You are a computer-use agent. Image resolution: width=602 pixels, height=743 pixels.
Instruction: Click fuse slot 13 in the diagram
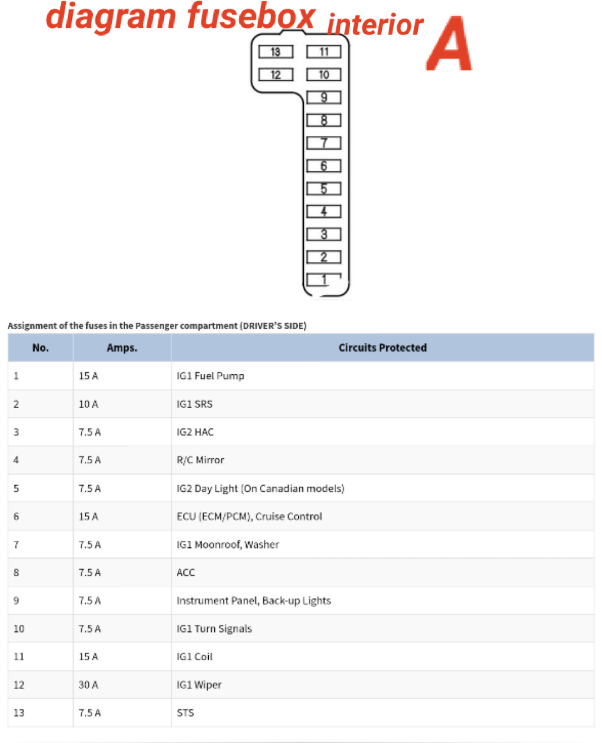[x=275, y=52]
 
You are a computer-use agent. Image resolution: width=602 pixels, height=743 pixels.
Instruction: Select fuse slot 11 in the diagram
[x=324, y=52]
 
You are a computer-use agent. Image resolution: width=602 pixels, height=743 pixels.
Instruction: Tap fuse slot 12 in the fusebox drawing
[x=275, y=74]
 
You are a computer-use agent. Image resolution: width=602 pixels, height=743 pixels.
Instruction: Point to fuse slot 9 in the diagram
[x=324, y=97]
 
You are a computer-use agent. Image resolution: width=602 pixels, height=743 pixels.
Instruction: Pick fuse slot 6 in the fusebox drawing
[x=324, y=165]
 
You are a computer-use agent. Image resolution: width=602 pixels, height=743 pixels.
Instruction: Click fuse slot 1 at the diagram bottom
[x=324, y=280]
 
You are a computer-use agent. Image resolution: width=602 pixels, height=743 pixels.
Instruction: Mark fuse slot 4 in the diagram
[x=324, y=211]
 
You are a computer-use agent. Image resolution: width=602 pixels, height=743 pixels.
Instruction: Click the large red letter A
[x=448, y=45]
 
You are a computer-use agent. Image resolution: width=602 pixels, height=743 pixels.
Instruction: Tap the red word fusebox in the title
[x=251, y=17]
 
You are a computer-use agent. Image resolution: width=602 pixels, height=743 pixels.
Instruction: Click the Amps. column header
[x=122, y=347]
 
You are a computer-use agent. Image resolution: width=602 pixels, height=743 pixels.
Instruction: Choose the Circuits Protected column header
[x=382, y=347]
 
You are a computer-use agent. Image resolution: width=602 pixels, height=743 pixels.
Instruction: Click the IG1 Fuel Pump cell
[x=210, y=376]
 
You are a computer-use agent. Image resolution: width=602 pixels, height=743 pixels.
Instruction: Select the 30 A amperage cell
[x=88, y=684]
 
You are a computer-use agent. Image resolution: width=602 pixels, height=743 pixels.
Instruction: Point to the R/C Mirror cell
[x=200, y=460]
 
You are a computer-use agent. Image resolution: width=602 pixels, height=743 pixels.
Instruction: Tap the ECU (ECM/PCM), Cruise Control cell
[x=249, y=516]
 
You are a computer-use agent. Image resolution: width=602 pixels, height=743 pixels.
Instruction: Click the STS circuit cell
[x=185, y=713]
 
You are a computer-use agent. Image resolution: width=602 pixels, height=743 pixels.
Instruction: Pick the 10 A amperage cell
[x=88, y=404]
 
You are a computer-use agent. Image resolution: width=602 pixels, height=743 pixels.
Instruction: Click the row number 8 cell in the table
[x=16, y=573]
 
